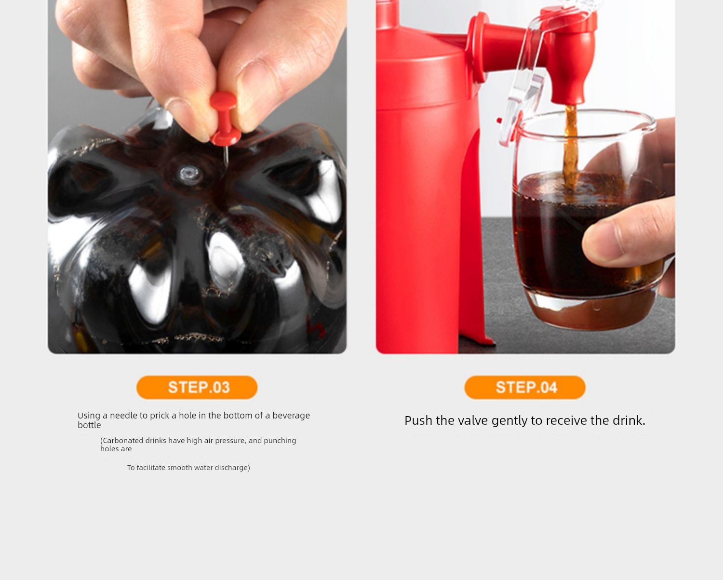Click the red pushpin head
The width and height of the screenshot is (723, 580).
point(224,118)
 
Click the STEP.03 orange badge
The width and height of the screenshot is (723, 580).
point(197,388)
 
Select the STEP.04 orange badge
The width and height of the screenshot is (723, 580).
point(525,388)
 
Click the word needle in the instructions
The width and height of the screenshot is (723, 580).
point(124,416)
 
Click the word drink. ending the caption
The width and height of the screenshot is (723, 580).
point(629,421)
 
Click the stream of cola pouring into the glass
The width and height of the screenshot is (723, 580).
point(570,151)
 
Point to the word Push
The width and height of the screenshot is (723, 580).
point(418,421)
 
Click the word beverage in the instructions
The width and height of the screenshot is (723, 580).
point(291,416)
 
